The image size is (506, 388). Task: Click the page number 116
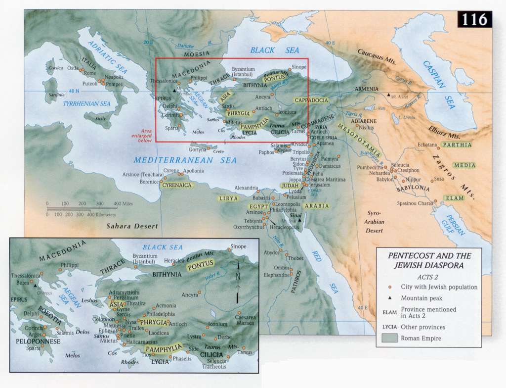click(474, 19)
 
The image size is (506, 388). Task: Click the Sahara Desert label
click(132, 226)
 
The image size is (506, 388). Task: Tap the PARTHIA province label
click(456, 145)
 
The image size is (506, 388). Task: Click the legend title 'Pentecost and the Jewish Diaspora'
click(429, 260)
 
